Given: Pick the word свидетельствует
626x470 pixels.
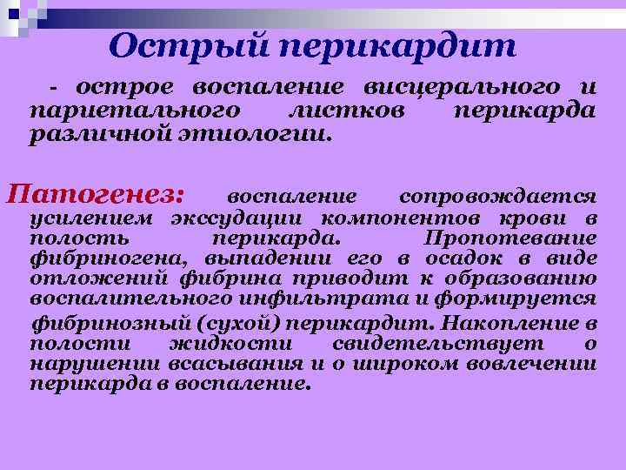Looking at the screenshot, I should pos(433,344).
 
